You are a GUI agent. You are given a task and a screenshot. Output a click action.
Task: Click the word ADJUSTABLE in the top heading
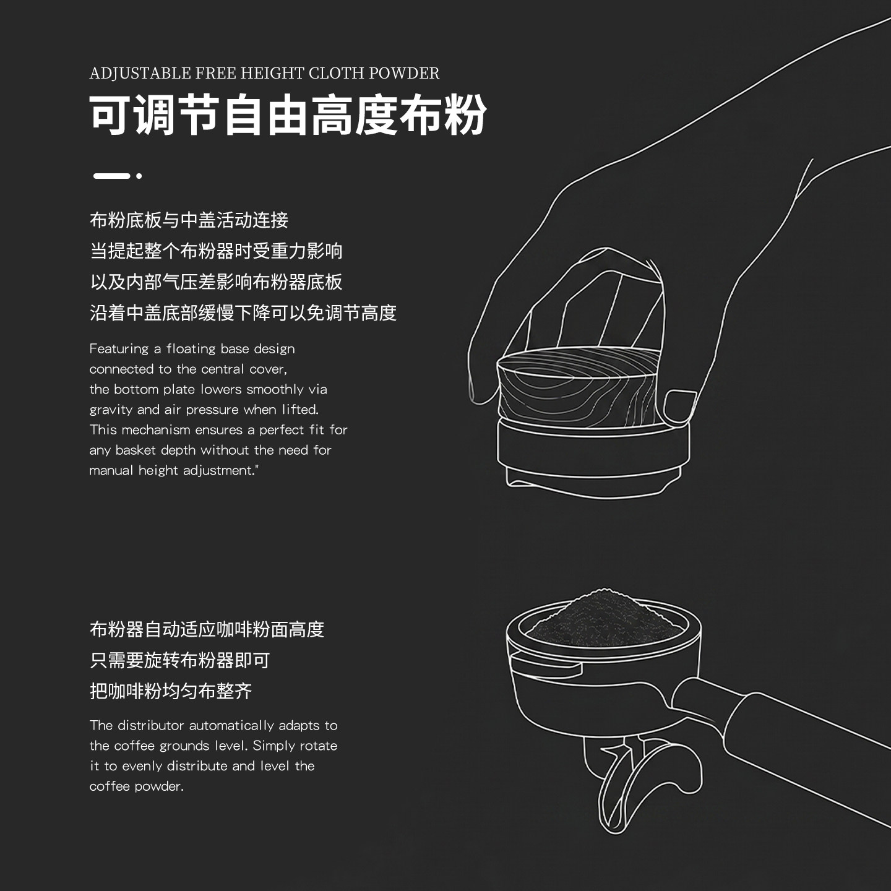tap(140, 73)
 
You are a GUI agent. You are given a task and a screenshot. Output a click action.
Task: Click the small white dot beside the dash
tap(139, 176)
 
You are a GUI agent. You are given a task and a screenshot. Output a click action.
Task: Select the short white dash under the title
tap(111, 176)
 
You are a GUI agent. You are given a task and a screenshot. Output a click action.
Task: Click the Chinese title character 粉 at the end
tap(465, 114)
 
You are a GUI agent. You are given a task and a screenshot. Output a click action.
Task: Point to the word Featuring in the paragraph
tap(119, 349)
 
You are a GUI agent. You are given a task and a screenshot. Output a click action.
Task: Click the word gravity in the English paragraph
tap(111, 410)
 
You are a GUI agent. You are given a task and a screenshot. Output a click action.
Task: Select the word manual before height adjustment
tap(111, 470)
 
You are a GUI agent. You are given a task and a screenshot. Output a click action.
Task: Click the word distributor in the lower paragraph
tap(151, 725)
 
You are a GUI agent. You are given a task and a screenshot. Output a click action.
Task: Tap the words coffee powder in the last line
tap(136, 786)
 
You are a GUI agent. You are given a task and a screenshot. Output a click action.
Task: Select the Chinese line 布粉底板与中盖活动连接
tap(189, 220)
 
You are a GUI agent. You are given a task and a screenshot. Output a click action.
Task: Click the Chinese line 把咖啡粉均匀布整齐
tap(171, 691)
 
